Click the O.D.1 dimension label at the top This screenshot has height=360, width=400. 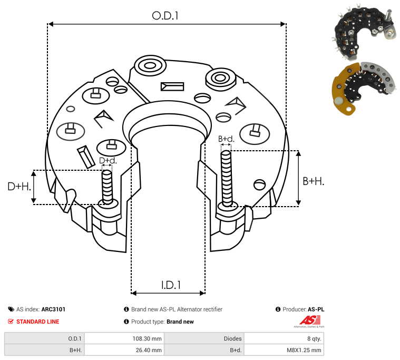point(165,16)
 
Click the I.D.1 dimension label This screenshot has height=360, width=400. point(171,285)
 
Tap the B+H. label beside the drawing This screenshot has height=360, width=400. point(313,181)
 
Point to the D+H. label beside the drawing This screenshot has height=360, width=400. point(19,187)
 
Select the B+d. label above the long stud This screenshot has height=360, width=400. point(226,139)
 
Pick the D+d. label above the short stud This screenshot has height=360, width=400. point(108,160)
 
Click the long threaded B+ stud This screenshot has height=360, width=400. point(226,179)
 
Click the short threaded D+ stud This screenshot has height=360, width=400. point(107,187)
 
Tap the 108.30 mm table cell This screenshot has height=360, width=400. point(147,338)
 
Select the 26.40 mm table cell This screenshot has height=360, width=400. point(149,350)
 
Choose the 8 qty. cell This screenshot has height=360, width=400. point(314,338)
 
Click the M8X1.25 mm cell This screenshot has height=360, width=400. point(304,350)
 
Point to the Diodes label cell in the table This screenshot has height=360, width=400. point(232,338)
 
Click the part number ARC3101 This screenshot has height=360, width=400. point(53,309)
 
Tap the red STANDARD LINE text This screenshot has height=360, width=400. point(38,322)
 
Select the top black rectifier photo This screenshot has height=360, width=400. point(364,33)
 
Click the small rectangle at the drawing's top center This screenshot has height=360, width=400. point(172,86)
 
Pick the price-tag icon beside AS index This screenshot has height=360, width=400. point(11,309)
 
